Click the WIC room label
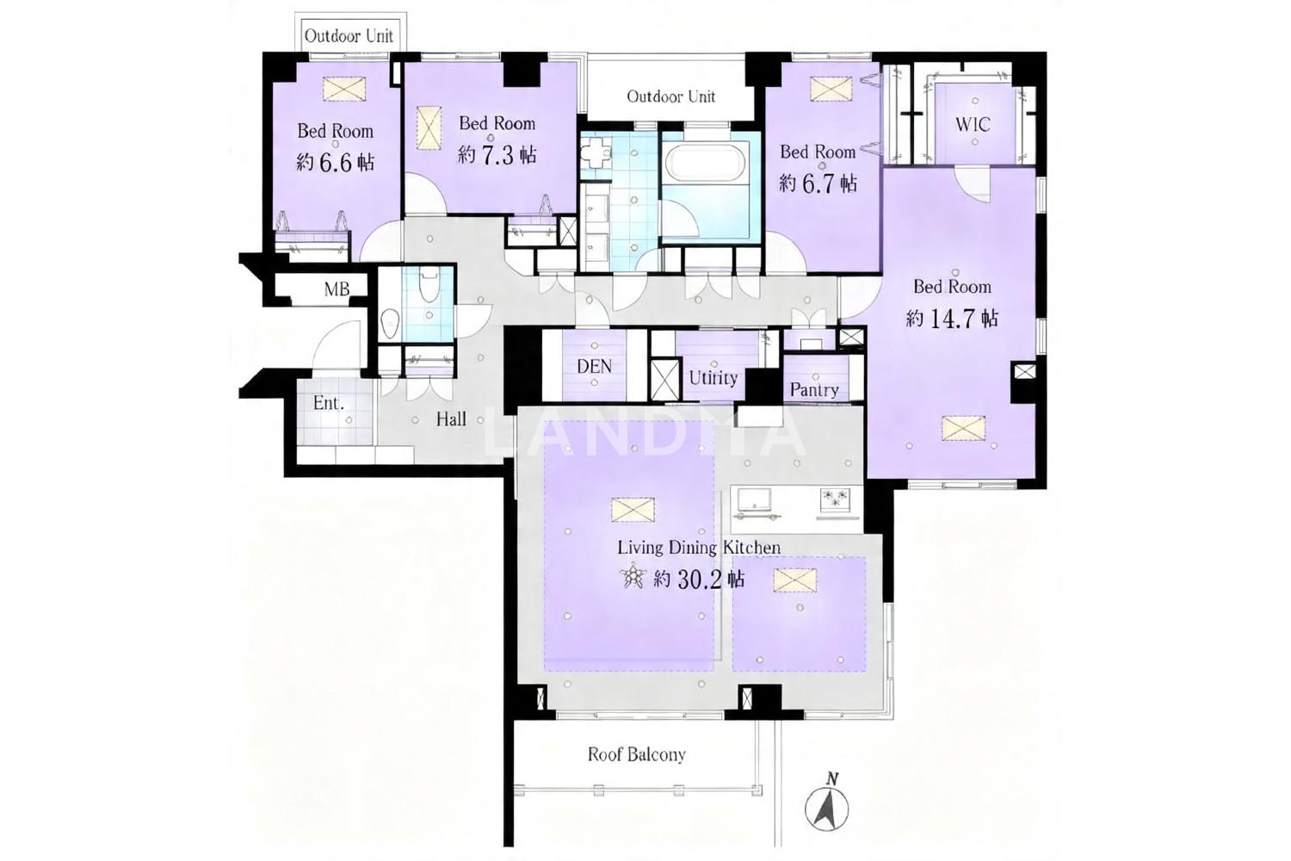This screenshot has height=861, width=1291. (x=973, y=125)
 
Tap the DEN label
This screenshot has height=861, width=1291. (x=594, y=367)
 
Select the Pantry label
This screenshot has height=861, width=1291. (x=814, y=390)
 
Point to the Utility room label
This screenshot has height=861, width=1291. (x=713, y=378)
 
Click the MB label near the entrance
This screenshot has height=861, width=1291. (x=337, y=289)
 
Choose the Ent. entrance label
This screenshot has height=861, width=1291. (x=329, y=403)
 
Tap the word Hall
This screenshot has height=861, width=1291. (x=451, y=419)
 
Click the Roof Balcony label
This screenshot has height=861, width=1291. (x=637, y=755)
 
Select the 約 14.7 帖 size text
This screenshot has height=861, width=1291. (x=952, y=319)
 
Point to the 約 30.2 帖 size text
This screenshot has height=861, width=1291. (x=699, y=579)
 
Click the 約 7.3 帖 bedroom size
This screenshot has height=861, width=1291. (x=497, y=155)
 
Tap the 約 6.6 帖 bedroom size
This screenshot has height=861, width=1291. (x=336, y=163)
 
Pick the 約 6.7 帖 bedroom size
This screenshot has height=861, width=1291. (x=818, y=184)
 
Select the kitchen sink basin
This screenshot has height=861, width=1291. (x=754, y=499)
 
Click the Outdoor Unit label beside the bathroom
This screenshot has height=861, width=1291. (x=670, y=96)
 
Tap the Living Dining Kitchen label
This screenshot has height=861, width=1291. (x=699, y=548)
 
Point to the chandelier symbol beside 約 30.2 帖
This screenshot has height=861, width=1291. (x=633, y=577)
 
